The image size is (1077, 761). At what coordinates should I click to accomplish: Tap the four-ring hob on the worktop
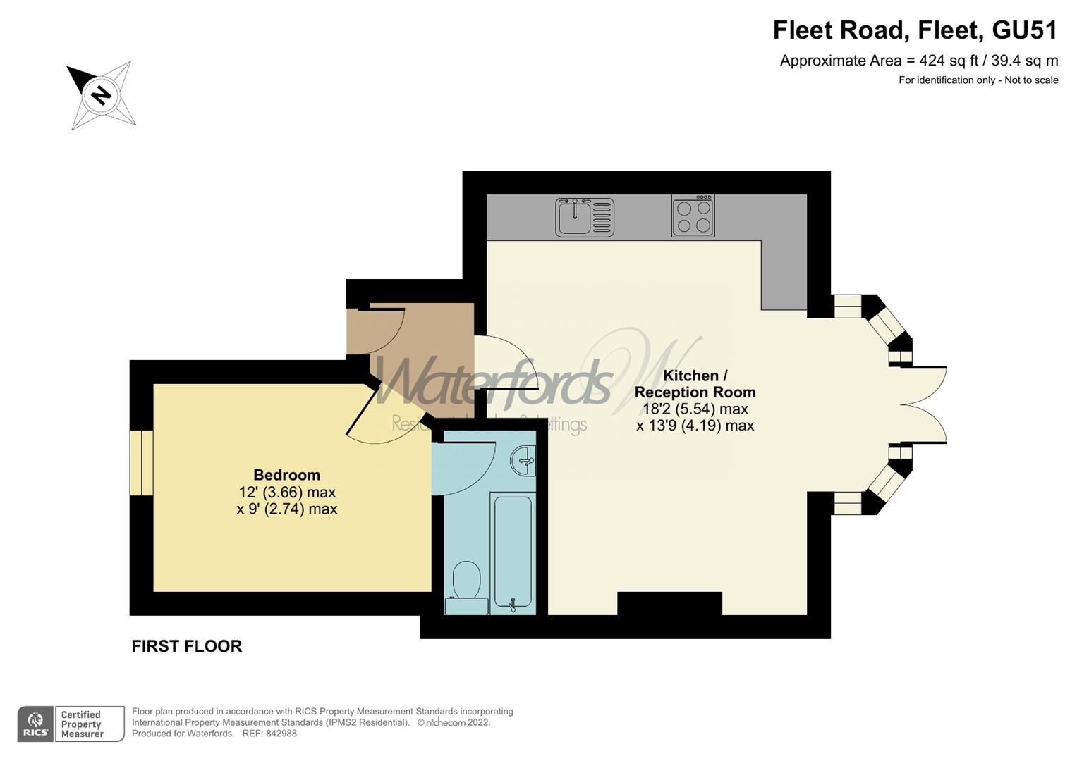[693, 216]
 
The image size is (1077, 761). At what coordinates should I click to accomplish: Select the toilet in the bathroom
[466, 588]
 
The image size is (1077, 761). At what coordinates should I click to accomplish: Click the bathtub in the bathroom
[512, 552]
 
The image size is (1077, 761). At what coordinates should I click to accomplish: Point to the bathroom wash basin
[523, 462]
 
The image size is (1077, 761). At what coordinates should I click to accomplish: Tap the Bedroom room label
[286, 475]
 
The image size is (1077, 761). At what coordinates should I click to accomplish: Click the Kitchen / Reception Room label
[695, 384]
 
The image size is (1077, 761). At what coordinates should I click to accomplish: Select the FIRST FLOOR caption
[187, 646]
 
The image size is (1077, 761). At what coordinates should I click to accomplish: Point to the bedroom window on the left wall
[141, 462]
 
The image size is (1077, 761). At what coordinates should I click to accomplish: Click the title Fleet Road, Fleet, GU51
[915, 30]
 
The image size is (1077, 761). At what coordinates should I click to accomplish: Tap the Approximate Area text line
[918, 61]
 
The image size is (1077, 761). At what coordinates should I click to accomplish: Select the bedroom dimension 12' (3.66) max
[287, 493]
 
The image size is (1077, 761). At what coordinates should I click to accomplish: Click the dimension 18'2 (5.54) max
[695, 409]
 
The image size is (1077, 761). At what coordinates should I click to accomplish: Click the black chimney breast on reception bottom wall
[669, 604]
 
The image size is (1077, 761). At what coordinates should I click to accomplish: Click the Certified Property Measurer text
[82, 724]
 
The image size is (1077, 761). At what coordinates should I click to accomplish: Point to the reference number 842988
[280, 734]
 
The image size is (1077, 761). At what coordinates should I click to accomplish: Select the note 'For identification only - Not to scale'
[978, 80]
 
